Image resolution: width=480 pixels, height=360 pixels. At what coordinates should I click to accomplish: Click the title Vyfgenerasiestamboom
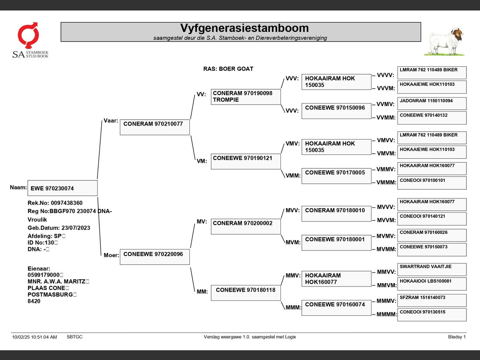coord(244,28)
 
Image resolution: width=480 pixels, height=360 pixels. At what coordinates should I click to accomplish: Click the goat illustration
coord(445,41)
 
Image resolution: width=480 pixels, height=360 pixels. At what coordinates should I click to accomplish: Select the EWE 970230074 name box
coord(62,188)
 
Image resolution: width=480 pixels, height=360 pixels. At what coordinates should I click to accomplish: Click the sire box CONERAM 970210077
coord(154,127)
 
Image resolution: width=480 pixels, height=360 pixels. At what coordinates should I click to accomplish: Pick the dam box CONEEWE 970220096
coord(154,257)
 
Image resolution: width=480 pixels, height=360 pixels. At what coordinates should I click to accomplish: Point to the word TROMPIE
coord(226,100)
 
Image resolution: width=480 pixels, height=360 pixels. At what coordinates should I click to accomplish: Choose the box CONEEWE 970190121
coord(246,161)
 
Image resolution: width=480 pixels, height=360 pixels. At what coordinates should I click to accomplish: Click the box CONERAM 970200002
coord(246,226)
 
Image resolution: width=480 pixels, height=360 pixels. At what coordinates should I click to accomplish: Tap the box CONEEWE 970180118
coord(246,293)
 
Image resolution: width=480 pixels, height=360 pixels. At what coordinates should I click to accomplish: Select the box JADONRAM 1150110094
coord(432,103)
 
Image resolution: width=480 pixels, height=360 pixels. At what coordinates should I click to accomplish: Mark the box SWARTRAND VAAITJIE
coord(432,269)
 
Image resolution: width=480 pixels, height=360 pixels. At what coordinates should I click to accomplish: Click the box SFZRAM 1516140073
coord(432,300)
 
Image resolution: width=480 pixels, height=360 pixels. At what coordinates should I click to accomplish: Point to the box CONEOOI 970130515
coord(432,315)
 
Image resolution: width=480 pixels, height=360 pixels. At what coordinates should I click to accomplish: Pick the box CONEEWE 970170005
coord(336,176)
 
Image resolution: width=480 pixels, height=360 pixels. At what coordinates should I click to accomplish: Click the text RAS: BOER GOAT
coord(228,69)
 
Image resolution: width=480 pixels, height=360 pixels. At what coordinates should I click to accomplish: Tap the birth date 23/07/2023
coord(76,228)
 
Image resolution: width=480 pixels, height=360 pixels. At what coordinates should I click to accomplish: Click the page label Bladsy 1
coord(456,337)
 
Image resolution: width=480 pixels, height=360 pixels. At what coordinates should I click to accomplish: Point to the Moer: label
coord(111,255)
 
